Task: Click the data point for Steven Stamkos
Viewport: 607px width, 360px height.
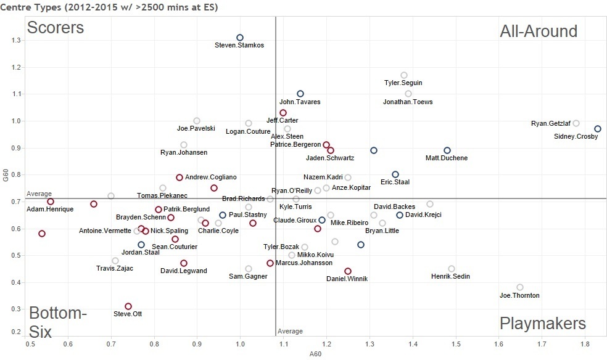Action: [240, 38]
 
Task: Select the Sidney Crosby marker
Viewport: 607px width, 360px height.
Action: [597, 129]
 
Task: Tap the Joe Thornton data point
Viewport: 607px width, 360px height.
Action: [520, 287]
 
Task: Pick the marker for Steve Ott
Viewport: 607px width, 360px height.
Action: [128, 306]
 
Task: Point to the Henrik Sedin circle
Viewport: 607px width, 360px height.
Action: [452, 269]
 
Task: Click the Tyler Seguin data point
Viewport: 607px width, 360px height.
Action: [404, 75]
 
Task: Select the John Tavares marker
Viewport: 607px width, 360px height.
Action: [300, 94]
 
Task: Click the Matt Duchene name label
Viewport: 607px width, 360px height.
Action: [447, 158]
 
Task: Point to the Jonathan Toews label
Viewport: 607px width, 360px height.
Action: [408, 102]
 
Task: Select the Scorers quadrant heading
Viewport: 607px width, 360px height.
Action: [56, 28]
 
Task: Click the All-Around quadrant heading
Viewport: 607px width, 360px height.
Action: [538, 31]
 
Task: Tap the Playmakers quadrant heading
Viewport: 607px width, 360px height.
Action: [542, 324]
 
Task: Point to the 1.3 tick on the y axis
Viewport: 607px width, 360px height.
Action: [17, 40]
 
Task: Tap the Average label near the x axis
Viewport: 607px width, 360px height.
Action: [290, 332]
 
